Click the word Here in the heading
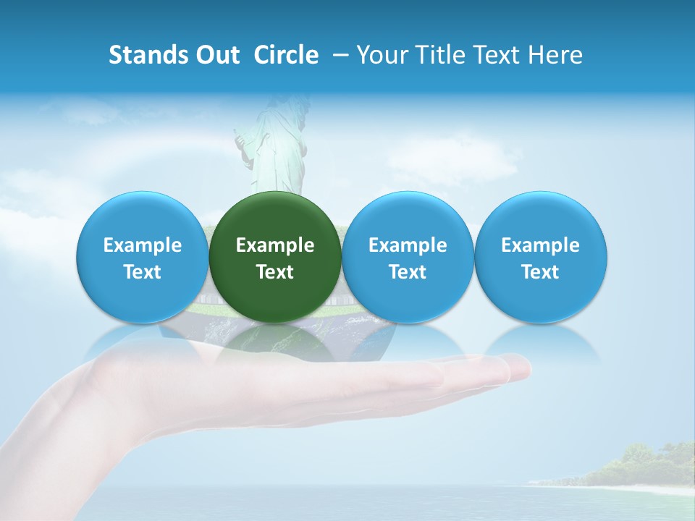(x=557, y=55)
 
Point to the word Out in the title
(x=217, y=55)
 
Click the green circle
(x=275, y=217)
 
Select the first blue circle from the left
(x=143, y=217)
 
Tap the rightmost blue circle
(x=541, y=217)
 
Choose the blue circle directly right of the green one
(x=408, y=217)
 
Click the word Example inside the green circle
(x=275, y=245)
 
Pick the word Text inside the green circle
(x=275, y=272)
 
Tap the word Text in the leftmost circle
(x=143, y=272)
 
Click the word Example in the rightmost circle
(x=541, y=245)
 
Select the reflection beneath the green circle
(x=275, y=340)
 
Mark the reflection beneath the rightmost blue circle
(x=541, y=340)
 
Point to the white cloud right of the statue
(x=456, y=156)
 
